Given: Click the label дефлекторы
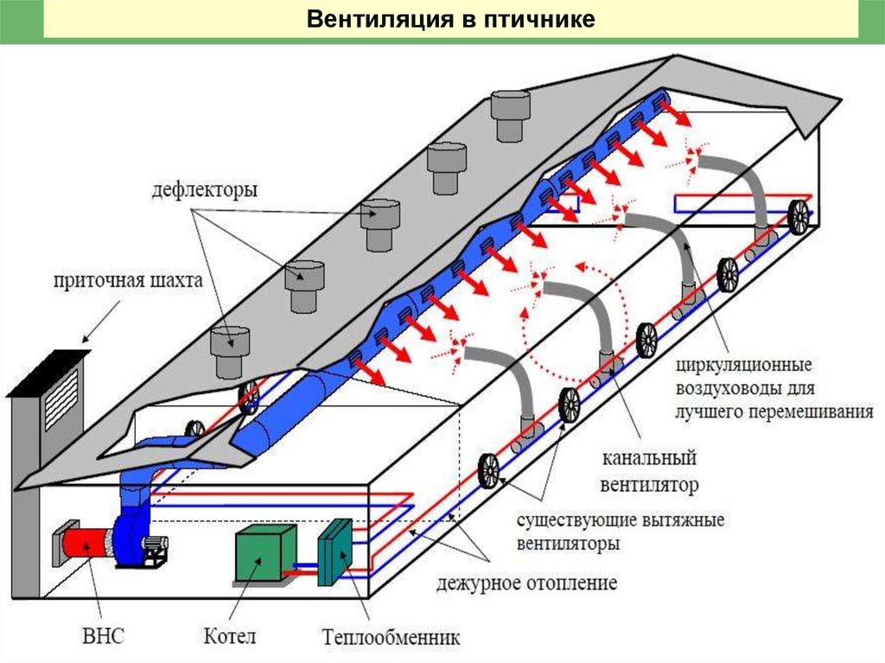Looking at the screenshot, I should (x=204, y=190).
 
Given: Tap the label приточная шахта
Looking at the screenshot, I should (x=127, y=281).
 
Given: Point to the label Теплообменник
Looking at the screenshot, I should (x=391, y=638).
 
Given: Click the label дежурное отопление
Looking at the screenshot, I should (x=526, y=583).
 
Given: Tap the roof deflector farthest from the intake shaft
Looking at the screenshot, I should (x=509, y=116).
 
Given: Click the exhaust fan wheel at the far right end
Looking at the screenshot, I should (x=799, y=217).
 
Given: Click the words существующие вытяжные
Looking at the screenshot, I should (x=620, y=521).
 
